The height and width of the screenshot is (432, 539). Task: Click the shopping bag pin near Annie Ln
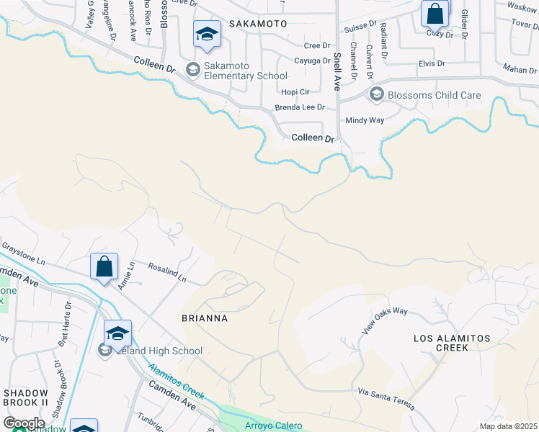pos(104,266)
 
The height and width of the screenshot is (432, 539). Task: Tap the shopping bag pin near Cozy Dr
pos(435,14)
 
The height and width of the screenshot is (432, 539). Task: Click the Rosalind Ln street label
pos(166,273)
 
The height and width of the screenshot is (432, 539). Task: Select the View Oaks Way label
pos(385,322)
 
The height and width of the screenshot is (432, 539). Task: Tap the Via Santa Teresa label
pos(386,398)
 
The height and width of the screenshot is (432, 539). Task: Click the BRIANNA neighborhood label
pos(205,318)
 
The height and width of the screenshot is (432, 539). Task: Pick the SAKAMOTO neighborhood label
pos(258,24)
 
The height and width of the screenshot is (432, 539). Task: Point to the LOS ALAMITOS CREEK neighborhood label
pos(452,343)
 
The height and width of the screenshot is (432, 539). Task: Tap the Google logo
pos(24,423)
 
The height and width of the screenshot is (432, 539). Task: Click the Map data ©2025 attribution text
pos(509,426)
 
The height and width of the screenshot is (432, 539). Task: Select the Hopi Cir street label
pos(295,92)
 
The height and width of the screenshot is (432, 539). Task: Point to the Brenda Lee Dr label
pos(300,107)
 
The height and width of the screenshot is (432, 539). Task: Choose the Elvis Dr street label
pos(432,63)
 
